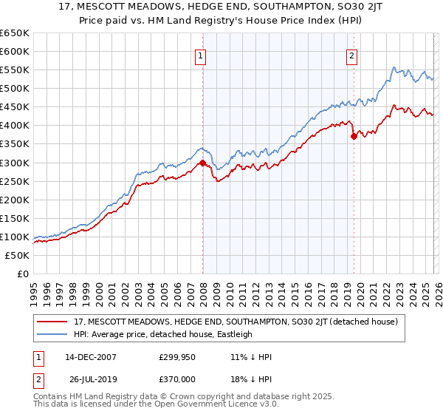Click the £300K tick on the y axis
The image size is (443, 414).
[x=15, y=163]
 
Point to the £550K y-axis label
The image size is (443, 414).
[x=15, y=70]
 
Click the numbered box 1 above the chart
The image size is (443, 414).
[x=201, y=55]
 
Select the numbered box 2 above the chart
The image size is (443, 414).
[x=352, y=55]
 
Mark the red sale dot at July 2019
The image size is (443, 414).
[x=354, y=136]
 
